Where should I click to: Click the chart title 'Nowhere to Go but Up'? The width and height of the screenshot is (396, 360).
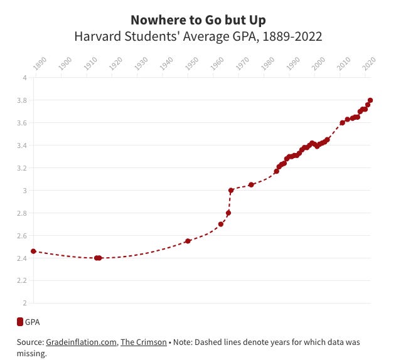[x=198, y=20]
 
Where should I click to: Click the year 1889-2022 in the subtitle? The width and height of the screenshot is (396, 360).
[x=292, y=36]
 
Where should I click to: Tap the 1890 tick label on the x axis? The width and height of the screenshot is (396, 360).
[x=40, y=63]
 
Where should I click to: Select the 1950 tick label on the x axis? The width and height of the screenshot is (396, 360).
[x=191, y=63]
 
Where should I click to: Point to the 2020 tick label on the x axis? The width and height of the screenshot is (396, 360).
[x=369, y=63]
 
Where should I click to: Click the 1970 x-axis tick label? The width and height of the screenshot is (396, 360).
[x=242, y=63]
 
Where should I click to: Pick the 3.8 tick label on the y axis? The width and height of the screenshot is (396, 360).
[x=22, y=100]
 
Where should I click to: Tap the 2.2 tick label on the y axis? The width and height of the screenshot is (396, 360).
[x=22, y=280]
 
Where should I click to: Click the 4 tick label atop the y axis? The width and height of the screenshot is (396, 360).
[x=24, y=78]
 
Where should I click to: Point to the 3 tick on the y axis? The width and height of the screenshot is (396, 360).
[x=24, y=191]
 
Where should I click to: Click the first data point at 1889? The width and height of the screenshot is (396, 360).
[x=33, y=251]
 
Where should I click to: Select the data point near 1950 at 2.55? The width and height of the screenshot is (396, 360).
[x=188, y=241]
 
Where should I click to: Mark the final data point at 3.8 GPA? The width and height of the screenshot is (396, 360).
[x=370, y=100]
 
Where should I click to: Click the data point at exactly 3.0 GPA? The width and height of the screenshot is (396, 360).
[x=231, y=191]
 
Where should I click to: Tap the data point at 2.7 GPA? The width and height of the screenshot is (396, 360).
[x=221, y=224]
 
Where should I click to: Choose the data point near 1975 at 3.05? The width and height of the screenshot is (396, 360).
[x=251, y=185]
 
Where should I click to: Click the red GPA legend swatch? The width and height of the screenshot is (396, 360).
[x=20, y=322]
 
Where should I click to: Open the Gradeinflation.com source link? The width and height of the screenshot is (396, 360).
[x=81, y=342]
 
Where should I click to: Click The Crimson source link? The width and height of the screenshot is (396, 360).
[x=144, y=342]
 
